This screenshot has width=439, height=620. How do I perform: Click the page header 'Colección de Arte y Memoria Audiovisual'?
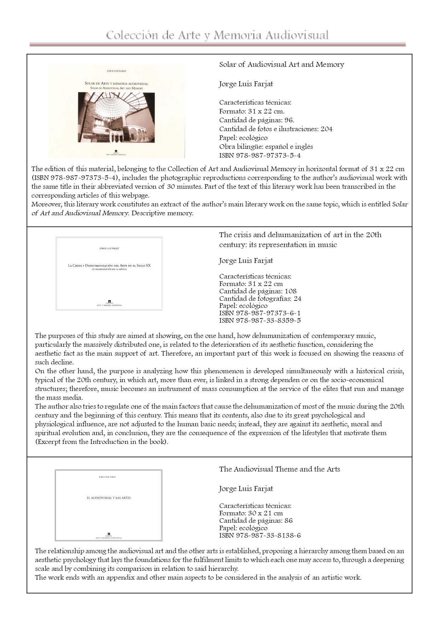[x=217, y=35]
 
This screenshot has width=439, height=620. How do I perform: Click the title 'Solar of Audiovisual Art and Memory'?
[x=281, y=64]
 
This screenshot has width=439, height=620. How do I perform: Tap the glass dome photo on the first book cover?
[x=116, y=117]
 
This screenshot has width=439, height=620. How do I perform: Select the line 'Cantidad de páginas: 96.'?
[x=256, y=120]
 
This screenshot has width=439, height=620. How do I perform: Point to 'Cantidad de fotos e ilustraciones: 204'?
[x=276, y=129]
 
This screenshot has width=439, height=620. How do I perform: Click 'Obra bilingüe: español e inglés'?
[x=266, y=146]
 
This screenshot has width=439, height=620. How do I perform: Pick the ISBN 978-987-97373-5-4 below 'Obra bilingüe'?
[x=260, y=155]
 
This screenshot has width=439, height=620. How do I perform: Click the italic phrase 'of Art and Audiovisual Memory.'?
[x=80, y=213]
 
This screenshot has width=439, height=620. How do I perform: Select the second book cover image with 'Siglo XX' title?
[x=109, y=274]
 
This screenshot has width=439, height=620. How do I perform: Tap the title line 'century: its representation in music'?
[x=278, y=245]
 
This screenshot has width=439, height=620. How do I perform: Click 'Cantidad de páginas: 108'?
[x=258, y=291]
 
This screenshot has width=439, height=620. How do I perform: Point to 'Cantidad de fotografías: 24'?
[x=260, y=298]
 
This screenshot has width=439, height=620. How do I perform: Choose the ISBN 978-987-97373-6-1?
[x=260, y=313]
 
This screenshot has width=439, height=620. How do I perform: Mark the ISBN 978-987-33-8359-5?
[x=260, y=321]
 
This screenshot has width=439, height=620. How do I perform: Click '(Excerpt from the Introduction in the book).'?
[x=102, y=442]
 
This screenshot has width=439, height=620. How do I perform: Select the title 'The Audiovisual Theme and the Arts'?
[x=279, y=469]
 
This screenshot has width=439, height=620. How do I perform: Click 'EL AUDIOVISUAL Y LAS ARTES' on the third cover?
[x=109, y=498]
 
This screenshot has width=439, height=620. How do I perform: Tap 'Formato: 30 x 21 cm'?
[x=251, y=513]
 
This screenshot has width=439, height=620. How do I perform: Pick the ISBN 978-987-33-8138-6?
[x=260, y=535]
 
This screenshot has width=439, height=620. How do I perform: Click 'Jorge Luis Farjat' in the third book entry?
[x=246, y=489]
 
